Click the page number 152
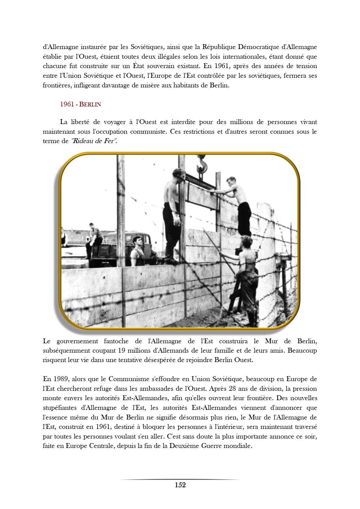(x=180, y=485)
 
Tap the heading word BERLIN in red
(x=90, y=104)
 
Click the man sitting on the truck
(x=94, y=237)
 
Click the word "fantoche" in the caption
(x=116, y=341)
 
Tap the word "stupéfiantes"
(x=59, y=408)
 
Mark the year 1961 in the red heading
(x=67, y=104)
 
